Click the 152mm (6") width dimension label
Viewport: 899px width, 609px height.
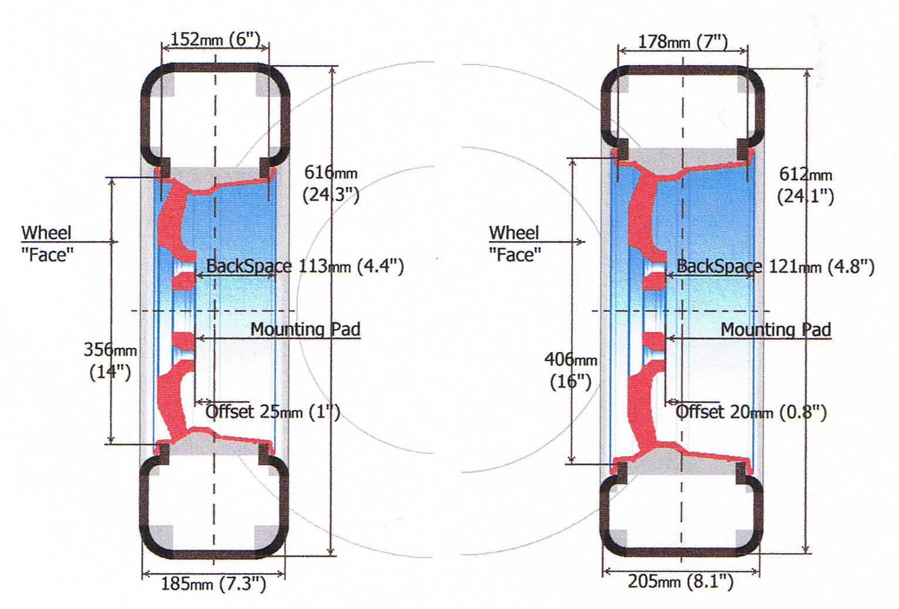coord(215,39)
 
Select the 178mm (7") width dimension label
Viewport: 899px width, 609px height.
coord(682,42)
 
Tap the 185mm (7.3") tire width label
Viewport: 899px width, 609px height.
coord(213,583)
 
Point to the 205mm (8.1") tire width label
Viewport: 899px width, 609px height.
coord(681,581)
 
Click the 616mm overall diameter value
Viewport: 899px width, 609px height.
coord(330,173)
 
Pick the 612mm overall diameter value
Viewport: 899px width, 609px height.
coord(805,174)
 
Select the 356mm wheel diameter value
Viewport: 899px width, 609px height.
coord(110,350)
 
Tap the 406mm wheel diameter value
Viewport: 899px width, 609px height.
coord(570,359)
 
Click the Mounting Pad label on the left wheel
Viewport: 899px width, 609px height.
coord(305,329)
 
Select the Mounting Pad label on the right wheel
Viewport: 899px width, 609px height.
coord(775,329)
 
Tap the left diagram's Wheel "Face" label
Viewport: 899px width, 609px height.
coord(47,243)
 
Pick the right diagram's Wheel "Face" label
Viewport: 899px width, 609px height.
coord(514,243)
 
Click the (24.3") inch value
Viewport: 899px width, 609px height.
coord(331,194)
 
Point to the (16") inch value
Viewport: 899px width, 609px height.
coord(570,381)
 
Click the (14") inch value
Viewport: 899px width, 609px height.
coord(110,372)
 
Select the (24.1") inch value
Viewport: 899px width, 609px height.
coord(805,195)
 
